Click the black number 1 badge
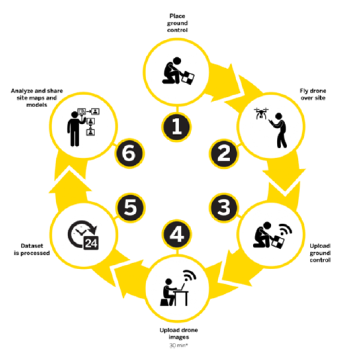coord(176,127)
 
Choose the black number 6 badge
coord(129,154)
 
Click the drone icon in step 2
coord(261,114)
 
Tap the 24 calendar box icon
coord(91,243)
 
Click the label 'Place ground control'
coord(177,23)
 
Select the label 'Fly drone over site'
coord(313,94)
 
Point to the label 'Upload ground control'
coord(320,253)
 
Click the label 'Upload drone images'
coord(179,333)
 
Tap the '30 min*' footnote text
coord(179,345)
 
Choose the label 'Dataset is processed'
coord(32,249)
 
